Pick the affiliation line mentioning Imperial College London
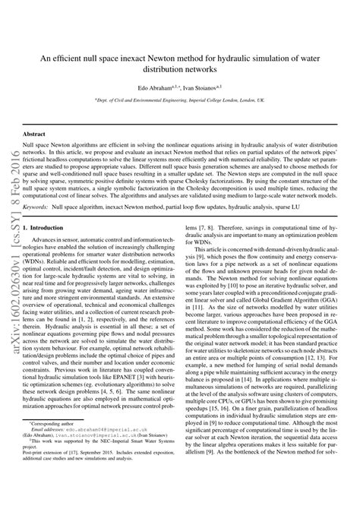coord(180,100)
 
